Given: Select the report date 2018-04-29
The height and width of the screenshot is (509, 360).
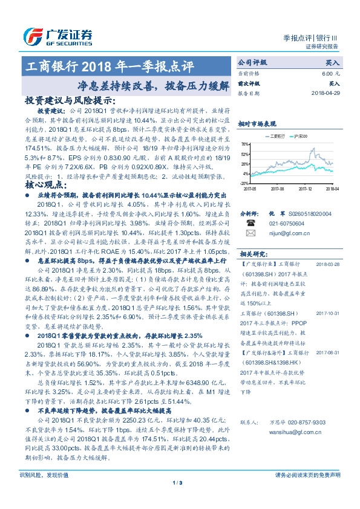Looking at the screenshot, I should click(324, 94).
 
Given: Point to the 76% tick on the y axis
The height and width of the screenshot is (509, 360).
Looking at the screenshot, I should click(244, 144).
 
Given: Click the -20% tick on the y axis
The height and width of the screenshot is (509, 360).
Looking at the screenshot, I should click(244, 183).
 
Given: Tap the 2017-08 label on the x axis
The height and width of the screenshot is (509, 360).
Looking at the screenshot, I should click(278, 188).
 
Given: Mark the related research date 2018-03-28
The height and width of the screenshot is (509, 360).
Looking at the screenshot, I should click(328, 264).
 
